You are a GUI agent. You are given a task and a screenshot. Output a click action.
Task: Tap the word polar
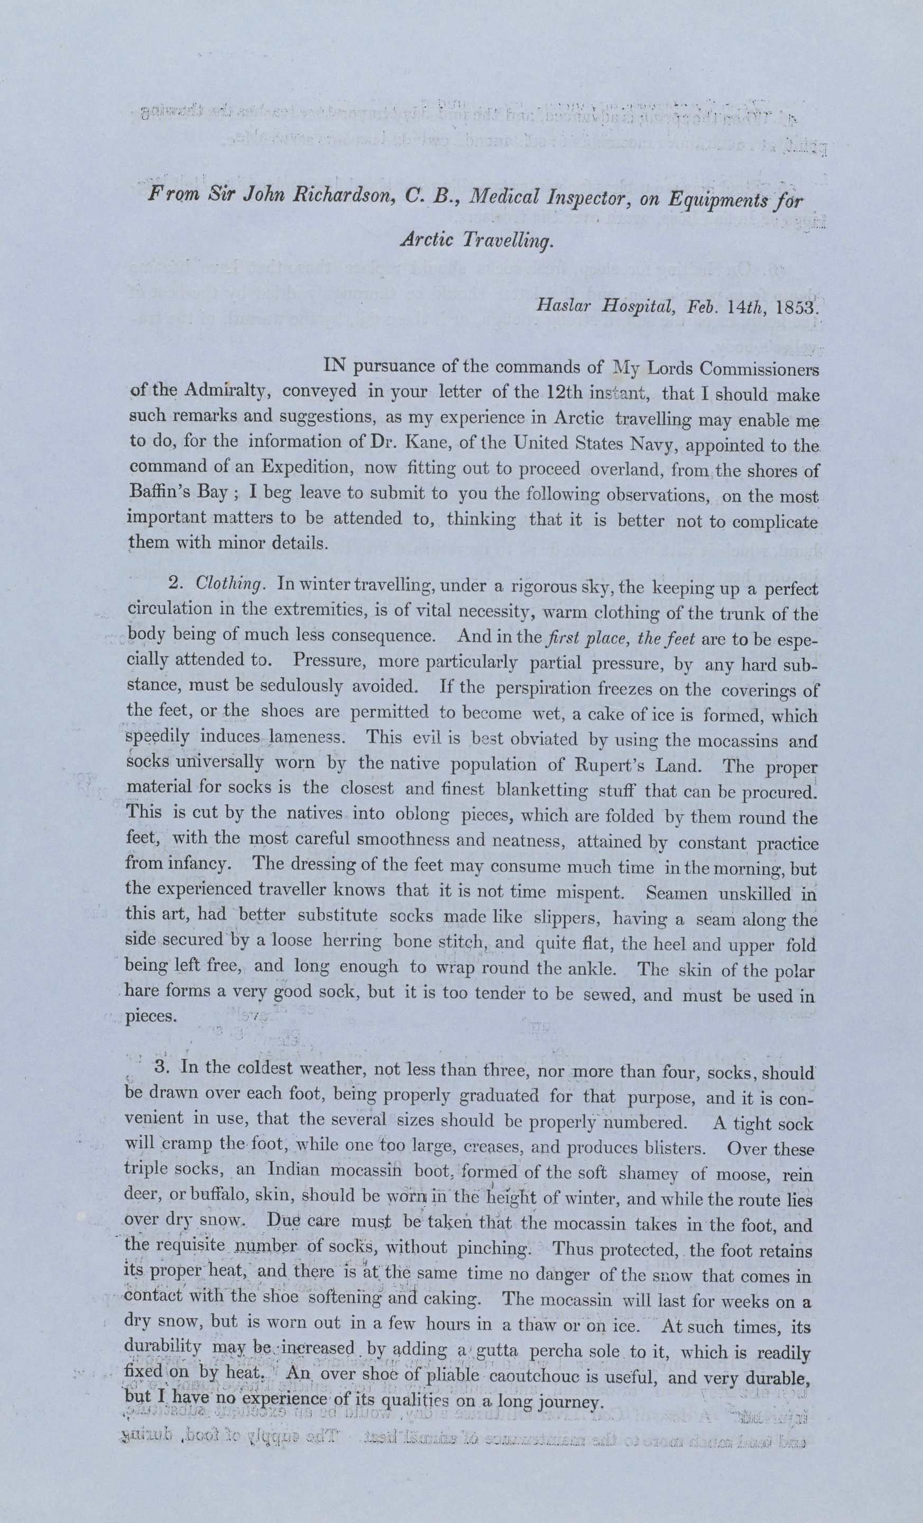[791, 970]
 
